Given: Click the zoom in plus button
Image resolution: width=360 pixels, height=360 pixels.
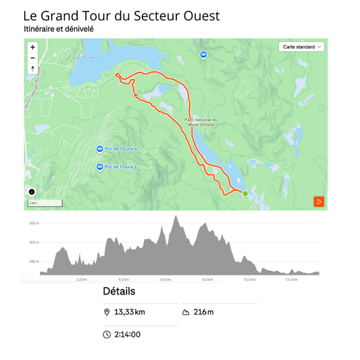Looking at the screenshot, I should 32,47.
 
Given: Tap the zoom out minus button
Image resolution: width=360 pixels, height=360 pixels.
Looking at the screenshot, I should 32,57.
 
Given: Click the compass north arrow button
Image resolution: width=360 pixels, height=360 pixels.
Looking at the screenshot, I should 32,68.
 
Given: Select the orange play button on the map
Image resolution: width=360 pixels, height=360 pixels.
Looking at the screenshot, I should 319,201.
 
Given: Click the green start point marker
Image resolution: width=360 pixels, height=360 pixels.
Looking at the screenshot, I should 245,193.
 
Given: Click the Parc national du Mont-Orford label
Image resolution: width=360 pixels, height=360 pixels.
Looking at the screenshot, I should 201,122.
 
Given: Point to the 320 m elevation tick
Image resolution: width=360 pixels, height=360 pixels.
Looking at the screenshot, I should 34,223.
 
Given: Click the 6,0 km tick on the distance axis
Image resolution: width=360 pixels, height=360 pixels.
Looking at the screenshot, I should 165,280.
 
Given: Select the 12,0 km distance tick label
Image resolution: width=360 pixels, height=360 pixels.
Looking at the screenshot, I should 291,280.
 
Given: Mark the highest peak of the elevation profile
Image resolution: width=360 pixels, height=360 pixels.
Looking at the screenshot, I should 176,216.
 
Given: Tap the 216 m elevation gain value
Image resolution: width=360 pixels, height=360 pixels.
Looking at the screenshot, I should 203,312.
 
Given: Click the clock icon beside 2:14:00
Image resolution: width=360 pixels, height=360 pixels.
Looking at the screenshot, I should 107,334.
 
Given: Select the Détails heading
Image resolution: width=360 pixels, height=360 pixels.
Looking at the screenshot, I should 119,292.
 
